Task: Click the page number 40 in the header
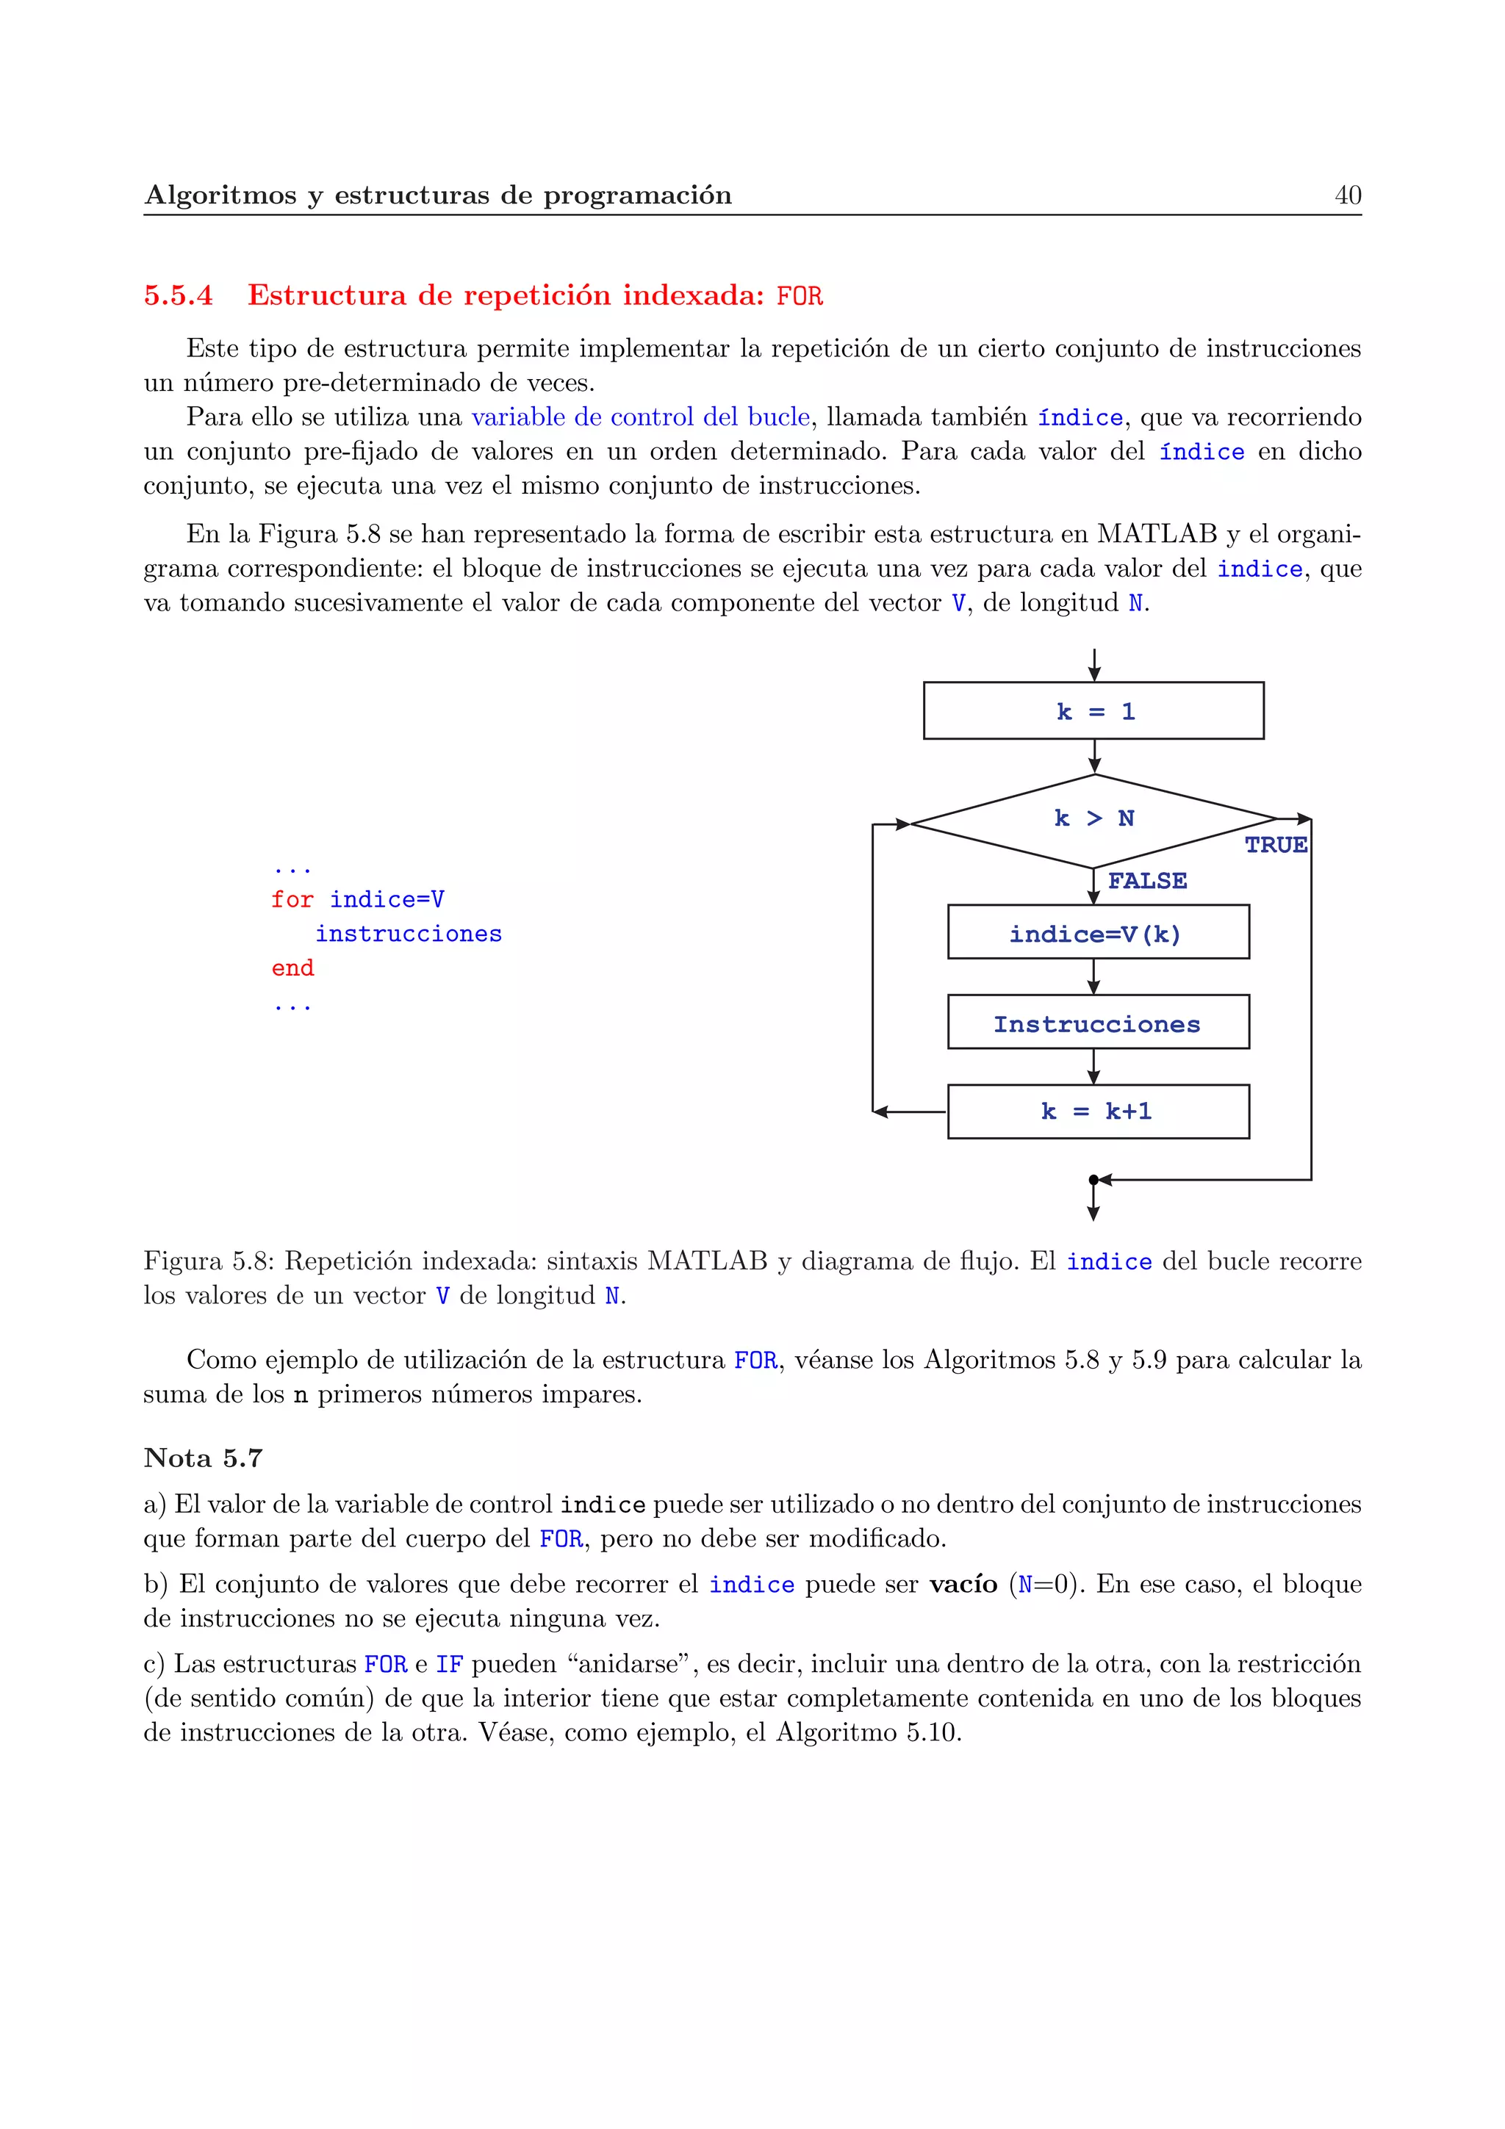(1347, 195)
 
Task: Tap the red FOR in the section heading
(800, 297)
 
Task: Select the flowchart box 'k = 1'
(1093, 711)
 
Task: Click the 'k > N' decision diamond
(1094, 820)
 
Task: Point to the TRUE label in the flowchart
(1276, 845)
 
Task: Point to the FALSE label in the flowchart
(1147, 881)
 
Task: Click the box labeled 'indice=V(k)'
(1098, 933)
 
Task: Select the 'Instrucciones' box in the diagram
(1098, 1023)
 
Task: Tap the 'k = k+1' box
(1098, 1112)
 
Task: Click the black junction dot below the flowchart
(1093, 1180)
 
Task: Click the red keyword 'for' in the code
(292, 899)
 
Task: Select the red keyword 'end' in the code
(292, 968)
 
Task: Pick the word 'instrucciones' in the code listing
(408, 934)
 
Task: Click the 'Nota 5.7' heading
(203, 1458)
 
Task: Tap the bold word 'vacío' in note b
(963, 1584)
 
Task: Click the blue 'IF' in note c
(449, 1665)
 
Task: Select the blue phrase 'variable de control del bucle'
(640, 417)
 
